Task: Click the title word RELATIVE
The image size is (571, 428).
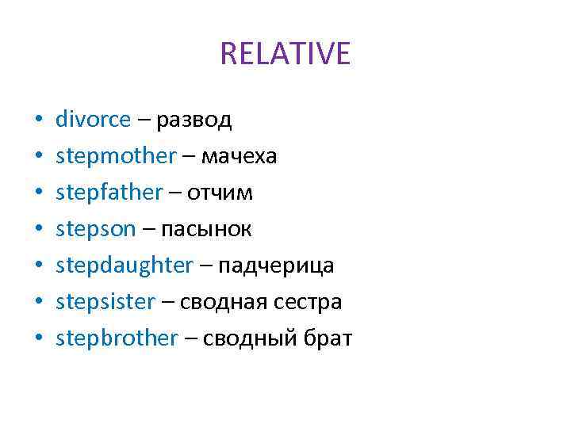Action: pos(285,54)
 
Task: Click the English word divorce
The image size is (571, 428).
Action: pos(93,120)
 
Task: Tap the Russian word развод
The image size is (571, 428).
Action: pos(194,120)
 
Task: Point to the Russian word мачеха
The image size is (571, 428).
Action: pos(239,156)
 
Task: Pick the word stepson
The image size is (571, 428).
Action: pos(96,229)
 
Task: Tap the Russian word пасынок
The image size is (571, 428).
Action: pos(207,229)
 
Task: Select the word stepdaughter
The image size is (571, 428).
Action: pos(125,266)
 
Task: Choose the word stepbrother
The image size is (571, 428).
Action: pos(117,338)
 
